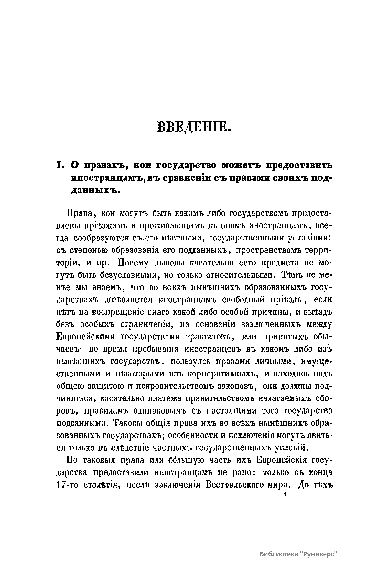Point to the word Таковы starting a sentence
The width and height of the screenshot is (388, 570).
(x=130, y=423)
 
